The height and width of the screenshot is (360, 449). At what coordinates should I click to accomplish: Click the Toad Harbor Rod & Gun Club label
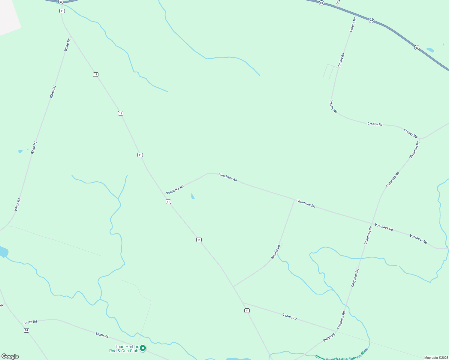point(124,349)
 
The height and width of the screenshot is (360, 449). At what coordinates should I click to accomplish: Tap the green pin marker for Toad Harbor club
point(143,348)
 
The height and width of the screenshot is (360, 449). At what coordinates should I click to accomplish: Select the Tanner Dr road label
point(290,316)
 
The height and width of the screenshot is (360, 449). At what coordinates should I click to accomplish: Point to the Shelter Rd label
point(276,252)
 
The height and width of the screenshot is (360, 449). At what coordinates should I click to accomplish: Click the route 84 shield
point(26,330)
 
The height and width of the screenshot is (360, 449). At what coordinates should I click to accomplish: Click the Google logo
point(10,356)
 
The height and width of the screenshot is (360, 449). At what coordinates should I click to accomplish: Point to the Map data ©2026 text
point(436,358)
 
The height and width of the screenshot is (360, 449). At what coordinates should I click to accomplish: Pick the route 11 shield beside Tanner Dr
point(247,310)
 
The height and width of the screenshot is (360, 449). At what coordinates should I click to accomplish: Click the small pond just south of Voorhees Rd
point(193,196)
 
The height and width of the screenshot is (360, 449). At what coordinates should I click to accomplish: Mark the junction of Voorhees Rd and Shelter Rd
point(294,199)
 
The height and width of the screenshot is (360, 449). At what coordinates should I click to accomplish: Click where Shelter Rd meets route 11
point(233,286)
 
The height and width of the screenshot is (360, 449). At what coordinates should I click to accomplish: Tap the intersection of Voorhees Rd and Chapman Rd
point(372,223)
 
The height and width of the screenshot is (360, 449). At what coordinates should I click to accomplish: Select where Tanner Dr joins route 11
point(243,303)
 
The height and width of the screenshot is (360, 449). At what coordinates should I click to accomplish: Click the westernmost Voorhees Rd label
point(175,190)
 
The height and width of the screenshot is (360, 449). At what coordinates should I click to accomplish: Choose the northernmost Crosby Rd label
point(353,25)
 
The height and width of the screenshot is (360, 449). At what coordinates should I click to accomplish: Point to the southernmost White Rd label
point(18,204)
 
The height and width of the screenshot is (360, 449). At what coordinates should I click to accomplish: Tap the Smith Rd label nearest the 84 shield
point(30,322)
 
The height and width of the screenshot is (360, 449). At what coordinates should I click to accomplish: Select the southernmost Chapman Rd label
point(341,320)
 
